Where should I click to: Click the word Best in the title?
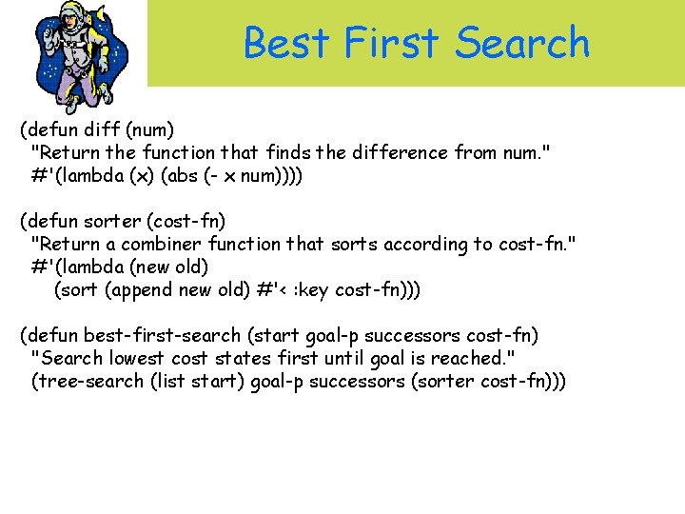[287, 43]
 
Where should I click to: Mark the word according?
[422, 244]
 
